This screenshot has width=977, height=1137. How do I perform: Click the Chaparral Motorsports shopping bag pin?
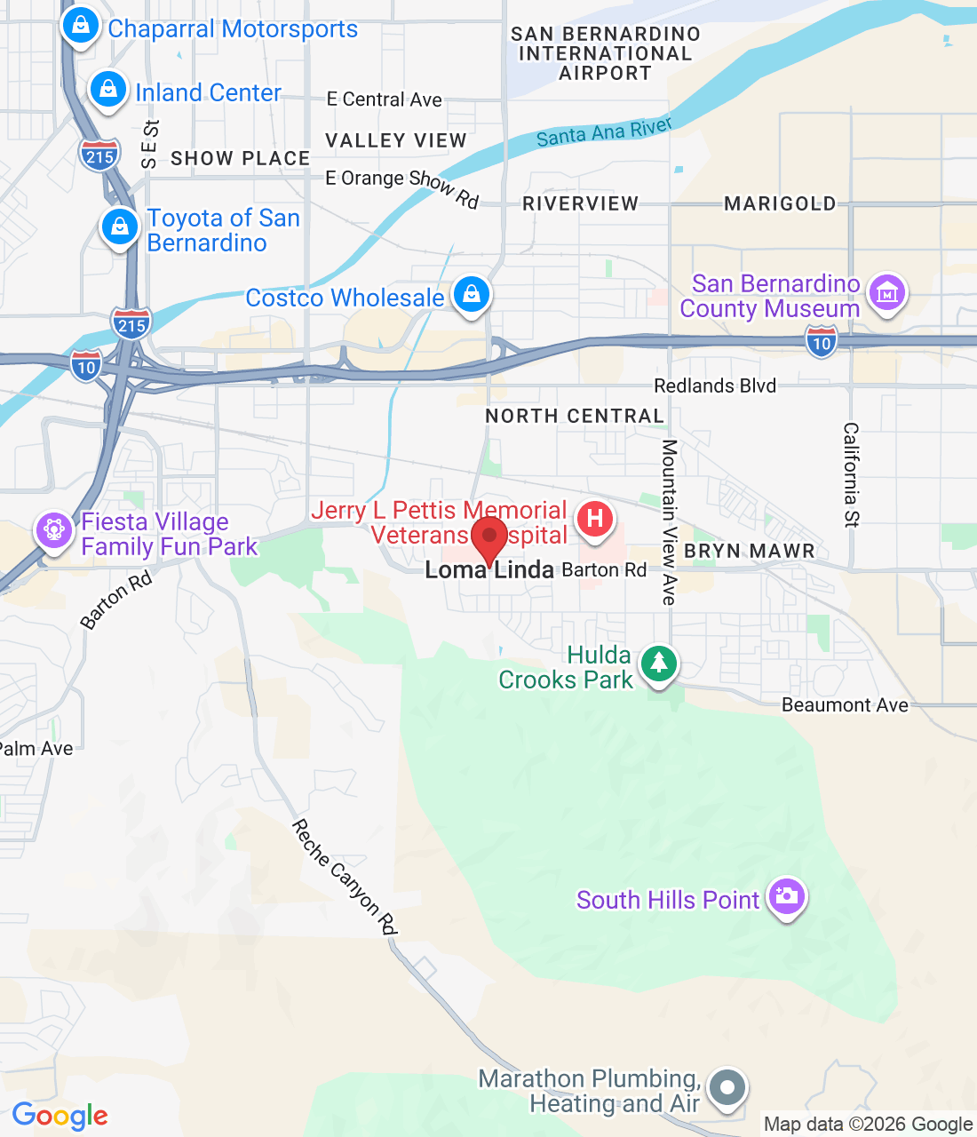coord(81,26)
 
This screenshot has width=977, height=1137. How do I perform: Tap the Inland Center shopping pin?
coord(108,90)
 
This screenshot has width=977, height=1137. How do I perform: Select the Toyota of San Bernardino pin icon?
coord(120,227)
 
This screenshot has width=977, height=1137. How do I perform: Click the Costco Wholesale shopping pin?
coord(472,293)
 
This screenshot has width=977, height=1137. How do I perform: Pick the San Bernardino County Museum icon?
coord(886,292)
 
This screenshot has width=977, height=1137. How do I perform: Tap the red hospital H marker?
coord(595,519)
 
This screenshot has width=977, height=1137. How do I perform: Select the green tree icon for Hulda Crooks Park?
coord(658,664)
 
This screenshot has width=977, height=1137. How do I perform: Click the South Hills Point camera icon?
coord(786,896)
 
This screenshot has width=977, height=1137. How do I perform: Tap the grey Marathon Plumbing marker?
coord(728,1087)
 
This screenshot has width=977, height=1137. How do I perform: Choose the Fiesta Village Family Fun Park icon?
coord(54,530)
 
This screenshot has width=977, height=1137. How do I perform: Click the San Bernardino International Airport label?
coord(605,53)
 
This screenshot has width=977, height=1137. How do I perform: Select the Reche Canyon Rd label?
coord(344,877)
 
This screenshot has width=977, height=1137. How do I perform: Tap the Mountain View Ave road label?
coord(669,522)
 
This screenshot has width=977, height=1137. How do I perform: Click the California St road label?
coord(851,474)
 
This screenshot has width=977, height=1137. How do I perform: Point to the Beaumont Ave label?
coord(845,705)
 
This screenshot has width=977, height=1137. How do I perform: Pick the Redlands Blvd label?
coord(715,386)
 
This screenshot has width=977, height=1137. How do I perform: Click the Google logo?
coord(60,1116)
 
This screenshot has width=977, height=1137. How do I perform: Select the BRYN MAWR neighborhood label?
coord(750,552)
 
